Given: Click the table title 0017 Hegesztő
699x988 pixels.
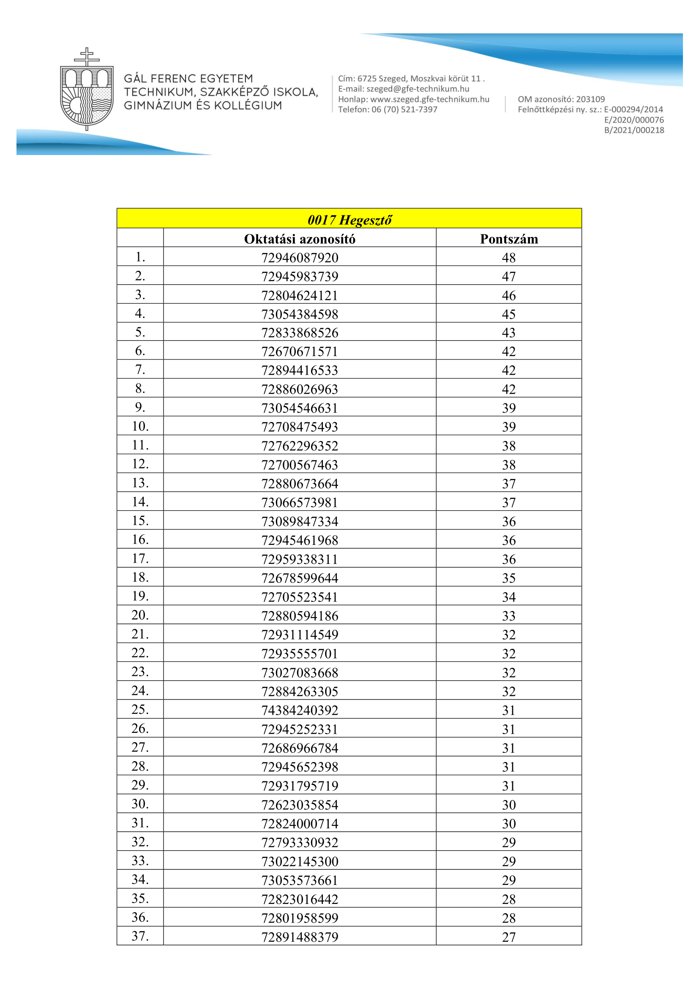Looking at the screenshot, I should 349,220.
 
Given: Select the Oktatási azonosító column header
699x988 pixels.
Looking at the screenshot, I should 300,239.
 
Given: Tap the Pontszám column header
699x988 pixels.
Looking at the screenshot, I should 509,239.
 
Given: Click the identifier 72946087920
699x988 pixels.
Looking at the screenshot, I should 300,258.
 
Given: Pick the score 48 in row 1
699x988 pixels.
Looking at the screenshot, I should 508,258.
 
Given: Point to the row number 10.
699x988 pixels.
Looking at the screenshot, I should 140,426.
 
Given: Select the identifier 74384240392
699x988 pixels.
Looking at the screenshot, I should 300,710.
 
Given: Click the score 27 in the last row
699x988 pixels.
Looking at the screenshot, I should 508,937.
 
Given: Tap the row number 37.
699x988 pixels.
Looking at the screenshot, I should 140,936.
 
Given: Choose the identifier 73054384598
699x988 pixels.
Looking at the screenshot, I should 300,314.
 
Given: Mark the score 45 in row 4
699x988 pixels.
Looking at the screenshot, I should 508,314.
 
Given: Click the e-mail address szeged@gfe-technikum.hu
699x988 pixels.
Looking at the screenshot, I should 418,89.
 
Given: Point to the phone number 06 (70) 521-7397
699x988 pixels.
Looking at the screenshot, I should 404,110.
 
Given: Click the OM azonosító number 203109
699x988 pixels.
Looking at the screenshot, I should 590,99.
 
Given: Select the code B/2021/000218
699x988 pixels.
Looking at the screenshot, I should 633,130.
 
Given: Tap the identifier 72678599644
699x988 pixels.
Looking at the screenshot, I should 300,578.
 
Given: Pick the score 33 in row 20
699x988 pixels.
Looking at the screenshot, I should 508,616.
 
